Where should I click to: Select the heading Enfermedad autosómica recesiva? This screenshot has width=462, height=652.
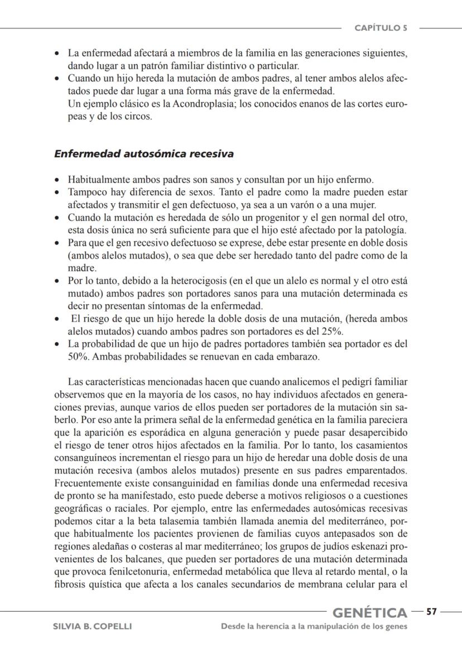(143, 154)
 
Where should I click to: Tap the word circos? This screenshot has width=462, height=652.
(139, 117)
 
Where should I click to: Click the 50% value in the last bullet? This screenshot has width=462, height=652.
(78, 356)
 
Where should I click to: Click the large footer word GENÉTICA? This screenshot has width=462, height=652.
(369, 612)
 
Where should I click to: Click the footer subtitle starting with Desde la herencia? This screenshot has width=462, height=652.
(314, 626)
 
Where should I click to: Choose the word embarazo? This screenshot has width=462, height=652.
(299, 356)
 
